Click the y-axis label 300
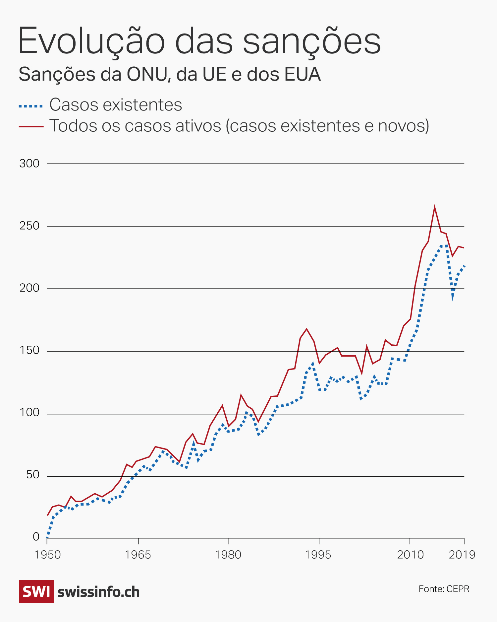coord(29,164)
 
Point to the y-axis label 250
coord(29,226)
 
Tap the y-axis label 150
coord(29,350)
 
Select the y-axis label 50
coord(32,475)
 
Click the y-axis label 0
coord(36,537)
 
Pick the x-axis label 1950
coord(47,555)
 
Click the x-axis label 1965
coord(138,555)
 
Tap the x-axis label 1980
coord(228,555)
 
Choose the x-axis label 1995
coord(318,555)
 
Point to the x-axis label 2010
coord(410,555)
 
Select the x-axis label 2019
coord(462,555)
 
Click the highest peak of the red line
coord(434,207)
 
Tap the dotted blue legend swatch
coord(31,106)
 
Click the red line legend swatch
coord(31,126)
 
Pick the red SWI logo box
coord(36,591)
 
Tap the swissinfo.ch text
coord(98,592)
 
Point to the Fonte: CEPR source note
coord(444,589)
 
